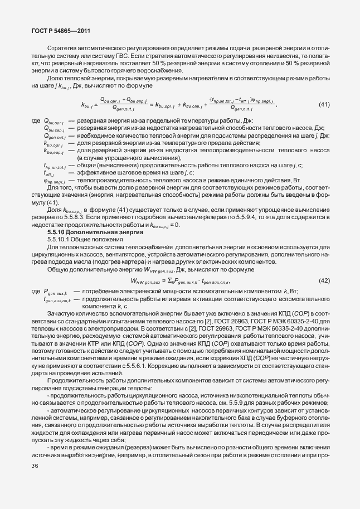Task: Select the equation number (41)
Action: point(324,105)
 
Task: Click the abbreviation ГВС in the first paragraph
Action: point(123,56)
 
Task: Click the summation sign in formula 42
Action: point(168,280)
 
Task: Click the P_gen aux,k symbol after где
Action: point(55,292)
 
